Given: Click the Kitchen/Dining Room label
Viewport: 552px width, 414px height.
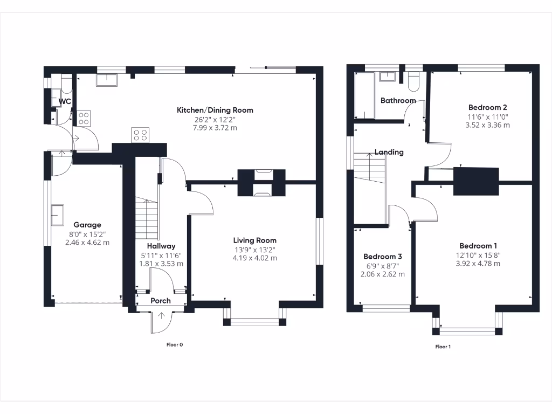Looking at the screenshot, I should coord(215,110).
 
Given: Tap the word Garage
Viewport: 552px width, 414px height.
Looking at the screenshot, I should coord(87,225).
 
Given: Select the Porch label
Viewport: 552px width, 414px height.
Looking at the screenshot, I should coord(161,301).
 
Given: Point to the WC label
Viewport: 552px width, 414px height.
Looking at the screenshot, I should coord(65,101).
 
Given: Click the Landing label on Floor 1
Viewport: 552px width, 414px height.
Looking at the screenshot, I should coord(389,152).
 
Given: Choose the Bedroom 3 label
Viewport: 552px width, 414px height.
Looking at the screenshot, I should coord(382,257).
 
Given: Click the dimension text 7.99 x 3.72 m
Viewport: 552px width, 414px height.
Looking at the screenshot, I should coord(215,128).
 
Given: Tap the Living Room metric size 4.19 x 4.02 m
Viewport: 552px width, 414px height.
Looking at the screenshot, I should coord(255,258).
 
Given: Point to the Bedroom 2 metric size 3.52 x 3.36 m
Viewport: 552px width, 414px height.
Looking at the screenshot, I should coord(488,125).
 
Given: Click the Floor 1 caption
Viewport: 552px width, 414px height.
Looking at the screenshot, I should coord(443,347).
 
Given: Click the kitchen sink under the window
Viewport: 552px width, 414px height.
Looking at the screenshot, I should coord(108,80).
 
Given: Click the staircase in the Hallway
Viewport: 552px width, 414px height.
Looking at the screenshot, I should coord(146,218).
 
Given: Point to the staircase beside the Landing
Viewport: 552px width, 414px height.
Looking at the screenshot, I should coord(370,168).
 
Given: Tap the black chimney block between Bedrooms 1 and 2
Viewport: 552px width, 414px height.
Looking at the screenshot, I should coord(476,181).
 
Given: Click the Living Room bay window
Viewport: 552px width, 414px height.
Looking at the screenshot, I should coord(254,322).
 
